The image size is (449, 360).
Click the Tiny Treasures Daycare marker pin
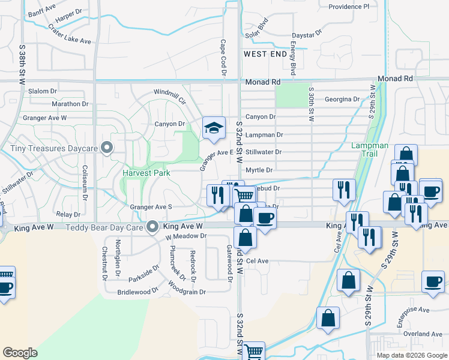click(x=107, y=146)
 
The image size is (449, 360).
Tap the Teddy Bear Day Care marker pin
click(x=152, y=227)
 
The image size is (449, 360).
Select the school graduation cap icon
click(x=214, y=128)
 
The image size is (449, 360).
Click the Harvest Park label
click(x=146, y=173)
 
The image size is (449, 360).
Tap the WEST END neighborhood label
click(x=265, y=54)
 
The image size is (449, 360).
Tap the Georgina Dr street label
click(x=342, y=99)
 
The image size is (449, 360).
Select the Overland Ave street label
click(x=423, y=334)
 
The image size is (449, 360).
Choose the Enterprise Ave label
click(x=414, y=310)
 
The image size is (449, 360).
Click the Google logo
click(x=20, y=353)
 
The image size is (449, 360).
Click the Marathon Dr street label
click(x=53, y=104)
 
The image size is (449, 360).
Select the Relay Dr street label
click(x=68, y=214)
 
